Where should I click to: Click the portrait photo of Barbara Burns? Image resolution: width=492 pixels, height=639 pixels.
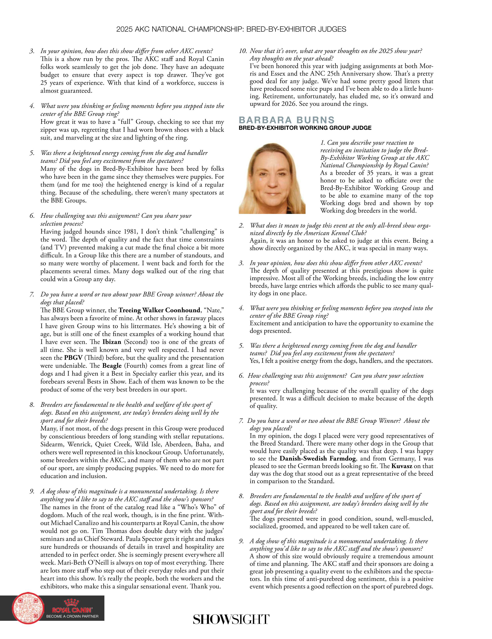pos(272,178)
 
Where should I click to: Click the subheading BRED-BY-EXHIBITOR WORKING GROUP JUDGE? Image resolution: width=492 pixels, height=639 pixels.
pos(305,128)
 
